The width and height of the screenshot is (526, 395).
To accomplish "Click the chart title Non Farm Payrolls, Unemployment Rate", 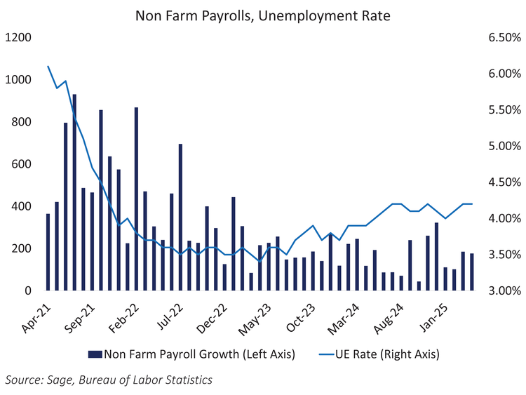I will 262,15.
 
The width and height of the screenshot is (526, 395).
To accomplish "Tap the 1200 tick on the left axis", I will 19,38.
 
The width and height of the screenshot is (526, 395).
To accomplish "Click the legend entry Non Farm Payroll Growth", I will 192,354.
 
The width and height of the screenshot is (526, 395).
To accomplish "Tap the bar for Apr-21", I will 48,252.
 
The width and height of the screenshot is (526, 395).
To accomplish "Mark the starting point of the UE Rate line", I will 48,67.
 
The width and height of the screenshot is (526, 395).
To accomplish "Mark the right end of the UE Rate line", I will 472,203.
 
